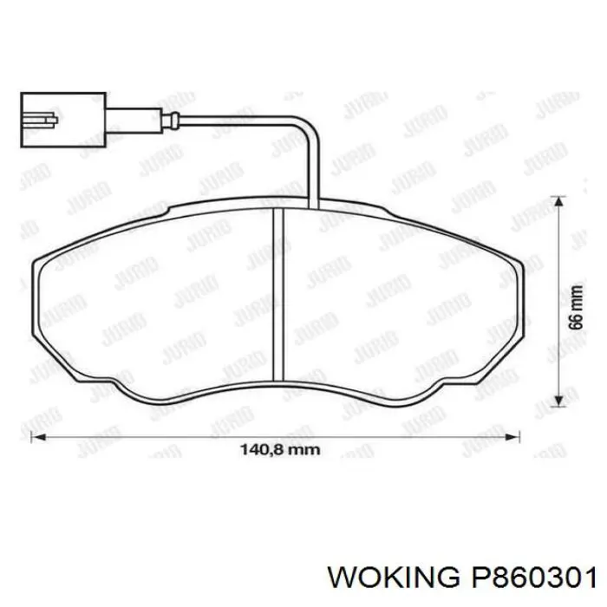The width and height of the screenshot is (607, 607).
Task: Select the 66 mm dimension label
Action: click(573, 308)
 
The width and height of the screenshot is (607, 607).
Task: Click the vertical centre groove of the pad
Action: click(279, 295)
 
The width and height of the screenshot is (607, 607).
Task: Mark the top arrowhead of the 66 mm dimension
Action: click(559, 202)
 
